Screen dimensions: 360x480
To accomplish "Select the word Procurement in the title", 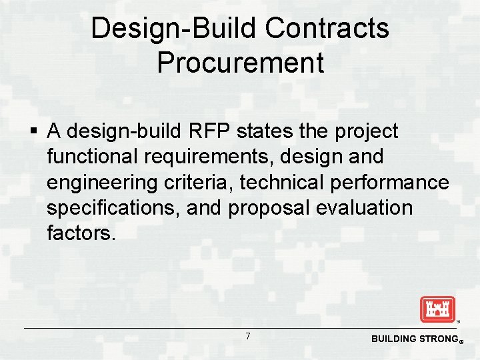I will tap(240, 63).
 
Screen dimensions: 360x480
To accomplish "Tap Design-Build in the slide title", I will tap(174, 29).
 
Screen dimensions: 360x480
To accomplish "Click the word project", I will tap(366, 132).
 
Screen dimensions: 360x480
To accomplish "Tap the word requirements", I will tap(204, 157).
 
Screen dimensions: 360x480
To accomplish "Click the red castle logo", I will tap(437, 309).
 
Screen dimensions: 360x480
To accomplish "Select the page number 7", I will tap(248, 336).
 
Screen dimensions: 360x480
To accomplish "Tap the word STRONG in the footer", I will tap(434, 339).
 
